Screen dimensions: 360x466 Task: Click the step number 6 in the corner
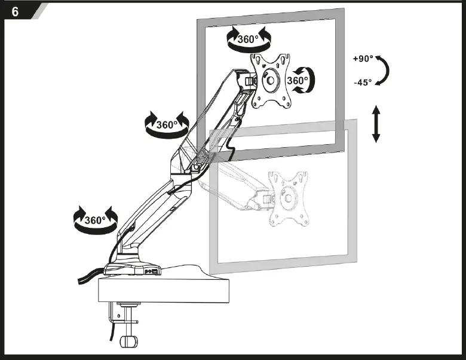[15, 11]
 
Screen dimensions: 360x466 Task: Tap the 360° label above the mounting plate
[248, 39]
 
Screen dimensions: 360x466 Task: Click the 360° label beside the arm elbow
[167, 125]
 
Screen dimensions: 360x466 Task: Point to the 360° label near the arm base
[94, 219]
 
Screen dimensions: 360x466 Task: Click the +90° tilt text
[362, 59]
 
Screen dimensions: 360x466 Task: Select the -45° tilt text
[362, 82]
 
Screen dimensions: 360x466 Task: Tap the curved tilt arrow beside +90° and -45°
[384, 71]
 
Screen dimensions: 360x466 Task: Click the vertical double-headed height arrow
[376, 124]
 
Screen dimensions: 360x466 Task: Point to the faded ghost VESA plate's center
[288, 198]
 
